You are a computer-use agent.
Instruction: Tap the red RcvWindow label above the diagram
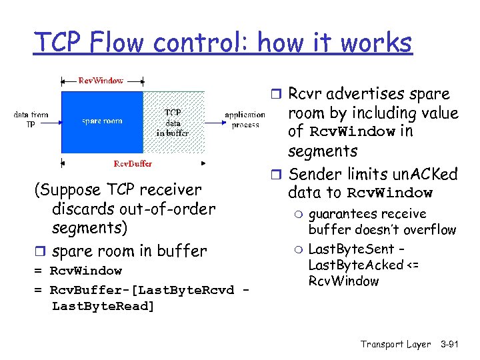pyautogui.click(x=101, y=81)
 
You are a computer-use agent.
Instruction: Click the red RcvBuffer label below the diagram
pyautogui.click(x=133, y=163)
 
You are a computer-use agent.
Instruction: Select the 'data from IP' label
pyautogui.click(x=31, y=119)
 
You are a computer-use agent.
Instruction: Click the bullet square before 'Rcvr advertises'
pyautogui.click(x=278, y=95)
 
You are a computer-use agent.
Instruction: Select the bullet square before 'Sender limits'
pyautogui.click(x=278, y=175)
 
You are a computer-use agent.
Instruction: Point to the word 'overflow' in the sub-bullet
pyautogui.click(x=431, y=230)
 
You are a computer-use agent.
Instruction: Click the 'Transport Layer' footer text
pyautogui.click(x=395, y=344)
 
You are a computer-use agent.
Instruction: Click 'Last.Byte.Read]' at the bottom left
pyautogui.click(x=103, y=306)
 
